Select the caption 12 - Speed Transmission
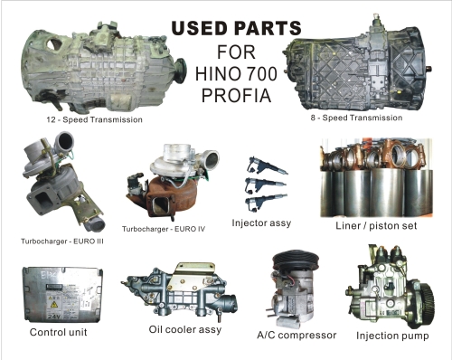(94, 118)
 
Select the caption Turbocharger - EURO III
(63, 242)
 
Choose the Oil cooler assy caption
(184, 329)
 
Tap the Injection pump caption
(392, 336)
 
